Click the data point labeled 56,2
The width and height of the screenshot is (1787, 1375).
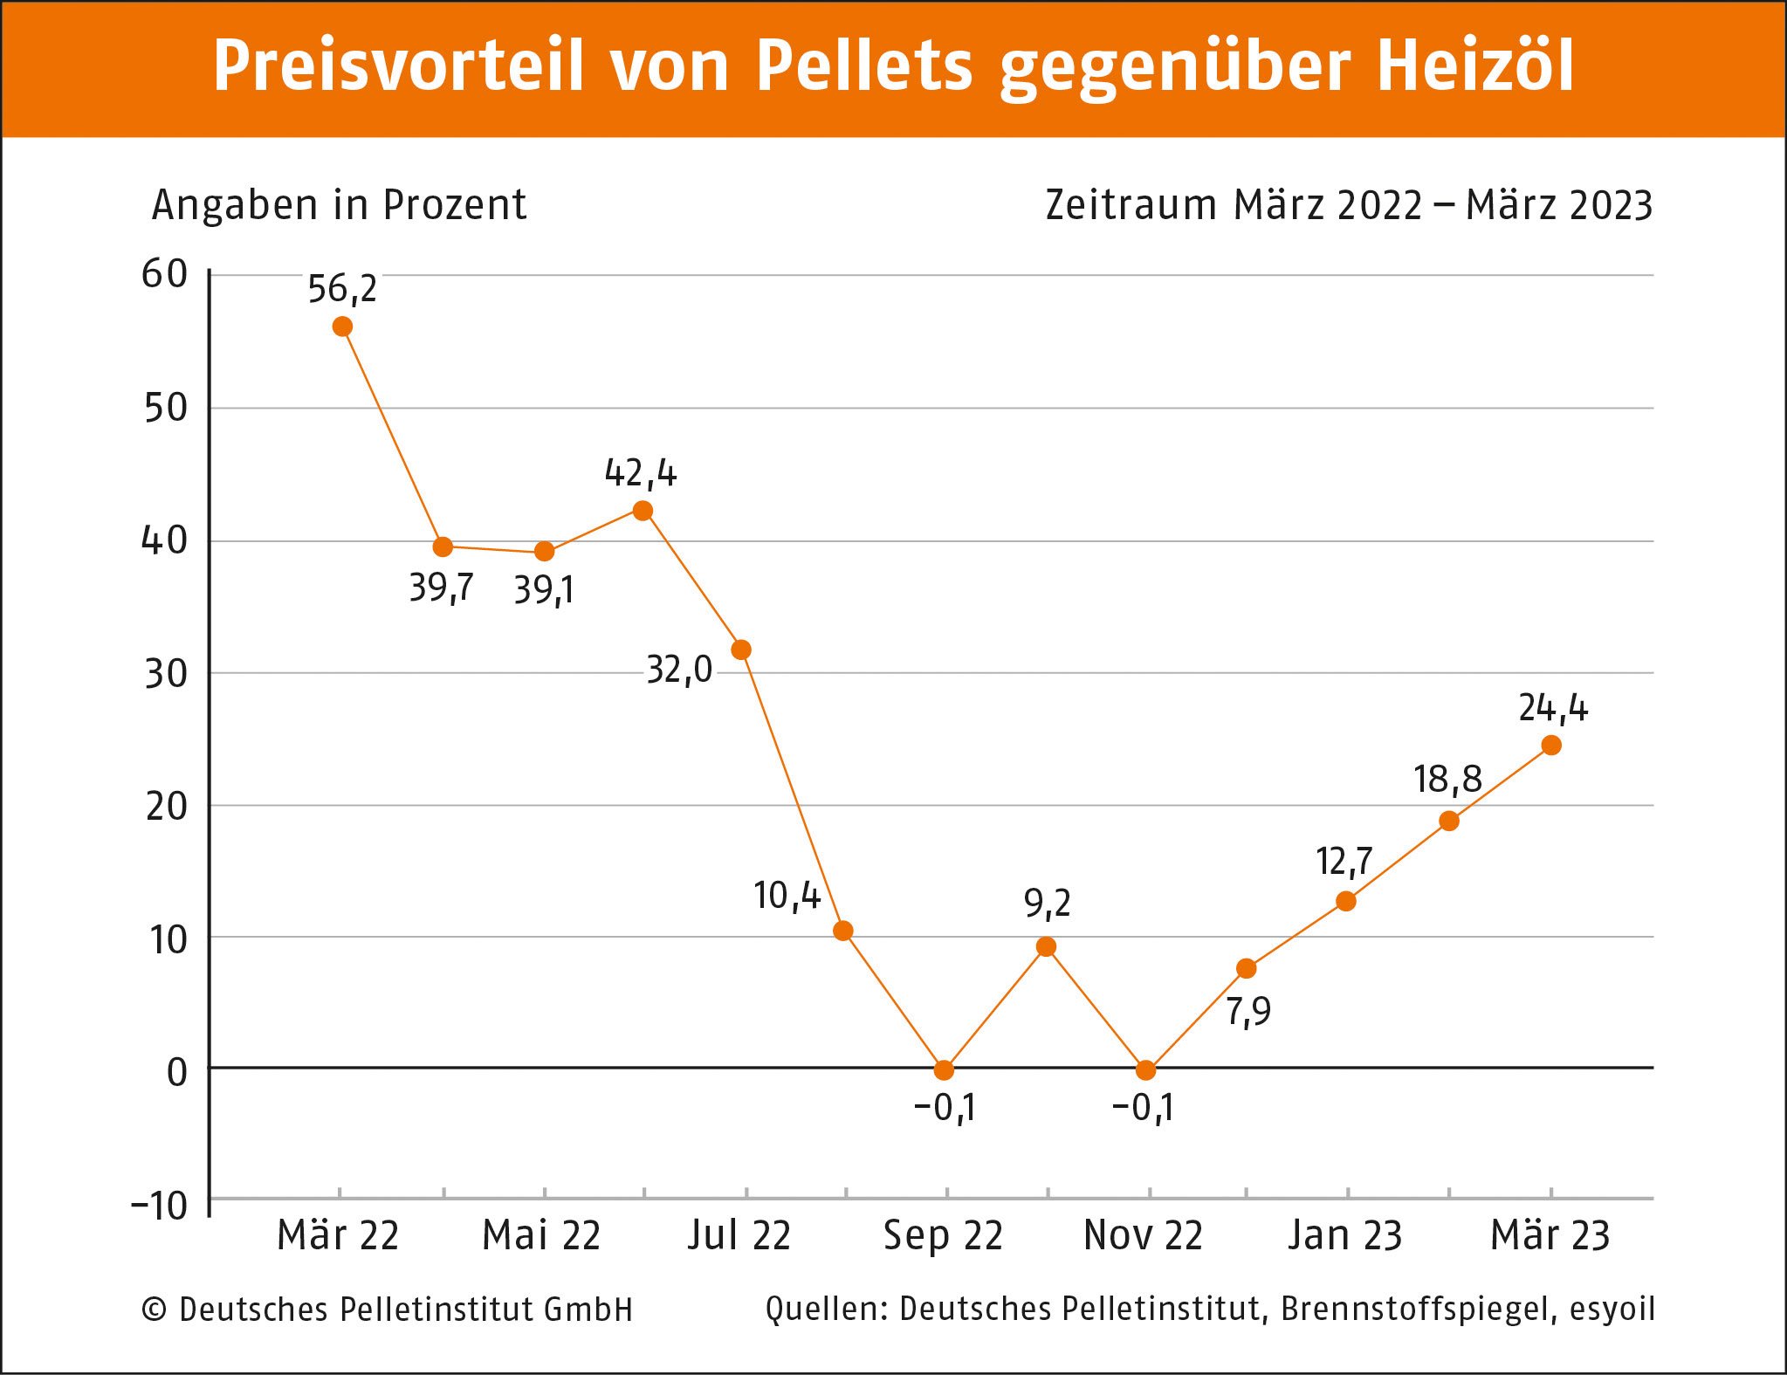342,327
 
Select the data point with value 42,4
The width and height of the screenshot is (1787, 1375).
643,511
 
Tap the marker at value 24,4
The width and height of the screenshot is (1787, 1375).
1551,745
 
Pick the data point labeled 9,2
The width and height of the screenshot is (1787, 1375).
1046,946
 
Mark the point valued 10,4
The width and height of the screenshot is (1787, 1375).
842,931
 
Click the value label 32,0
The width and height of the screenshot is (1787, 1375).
679,670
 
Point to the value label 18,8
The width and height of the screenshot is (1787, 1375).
1447,780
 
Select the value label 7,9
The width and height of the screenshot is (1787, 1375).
1248,1012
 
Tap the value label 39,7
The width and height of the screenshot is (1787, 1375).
442,588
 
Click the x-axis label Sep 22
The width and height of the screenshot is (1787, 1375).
944,1235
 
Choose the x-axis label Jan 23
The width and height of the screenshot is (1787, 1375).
1345,1235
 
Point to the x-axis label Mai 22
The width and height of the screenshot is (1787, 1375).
541,1235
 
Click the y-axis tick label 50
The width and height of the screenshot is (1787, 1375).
166,408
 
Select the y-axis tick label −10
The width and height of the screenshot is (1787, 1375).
160,1207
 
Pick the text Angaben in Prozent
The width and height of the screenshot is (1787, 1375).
339,206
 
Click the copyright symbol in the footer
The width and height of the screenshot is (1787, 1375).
155,1310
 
